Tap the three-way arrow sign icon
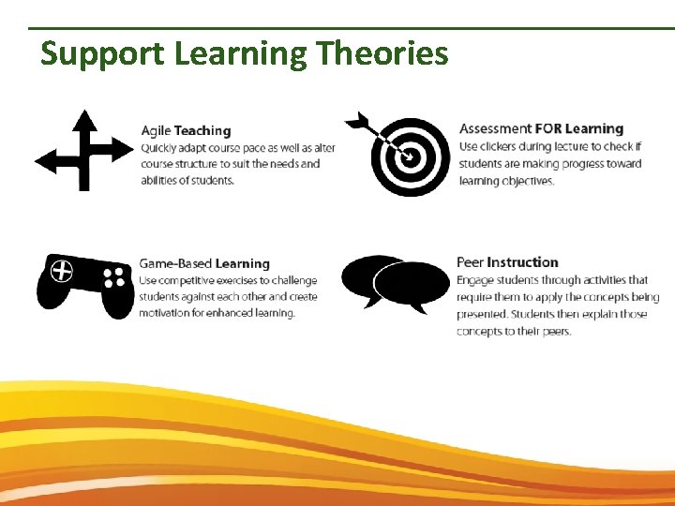pyautogui.click(x=84, y=150)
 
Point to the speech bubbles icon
pyautogui.click(x=395, y=282)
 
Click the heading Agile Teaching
pyautogui.click(x=186, y=130)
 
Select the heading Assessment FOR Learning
pyautogui.click(x=541, y=128)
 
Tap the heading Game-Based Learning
pyautogui.click(x=203, y=263)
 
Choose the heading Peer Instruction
pyautogui.click(x=507, y=262)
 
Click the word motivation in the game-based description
pyautogui.click(x=169, y=313)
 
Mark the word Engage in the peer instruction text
pyautogui.click(x=477, y=279)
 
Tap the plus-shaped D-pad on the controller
pyautogui.click(x=62, y=271)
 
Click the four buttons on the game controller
pyautogui.click(x=114, y=276)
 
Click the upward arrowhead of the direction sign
pyautogui.click(x=84, y=118)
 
